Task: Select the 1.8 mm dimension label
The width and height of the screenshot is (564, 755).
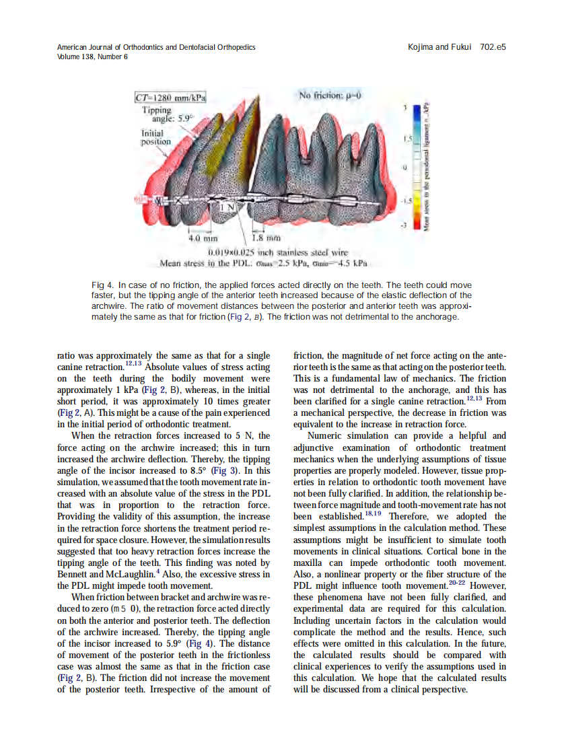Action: [x=263, y=238]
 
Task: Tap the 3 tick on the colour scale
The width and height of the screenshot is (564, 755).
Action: [x=405, y=108]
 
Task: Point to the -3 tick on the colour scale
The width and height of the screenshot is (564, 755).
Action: [x=404, y=225]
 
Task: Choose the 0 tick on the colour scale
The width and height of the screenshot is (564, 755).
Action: [x=405, y=166]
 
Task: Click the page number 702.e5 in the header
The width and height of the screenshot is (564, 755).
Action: [x=493, y=47]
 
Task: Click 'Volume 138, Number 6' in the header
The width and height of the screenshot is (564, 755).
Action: [x=93, y=57]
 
